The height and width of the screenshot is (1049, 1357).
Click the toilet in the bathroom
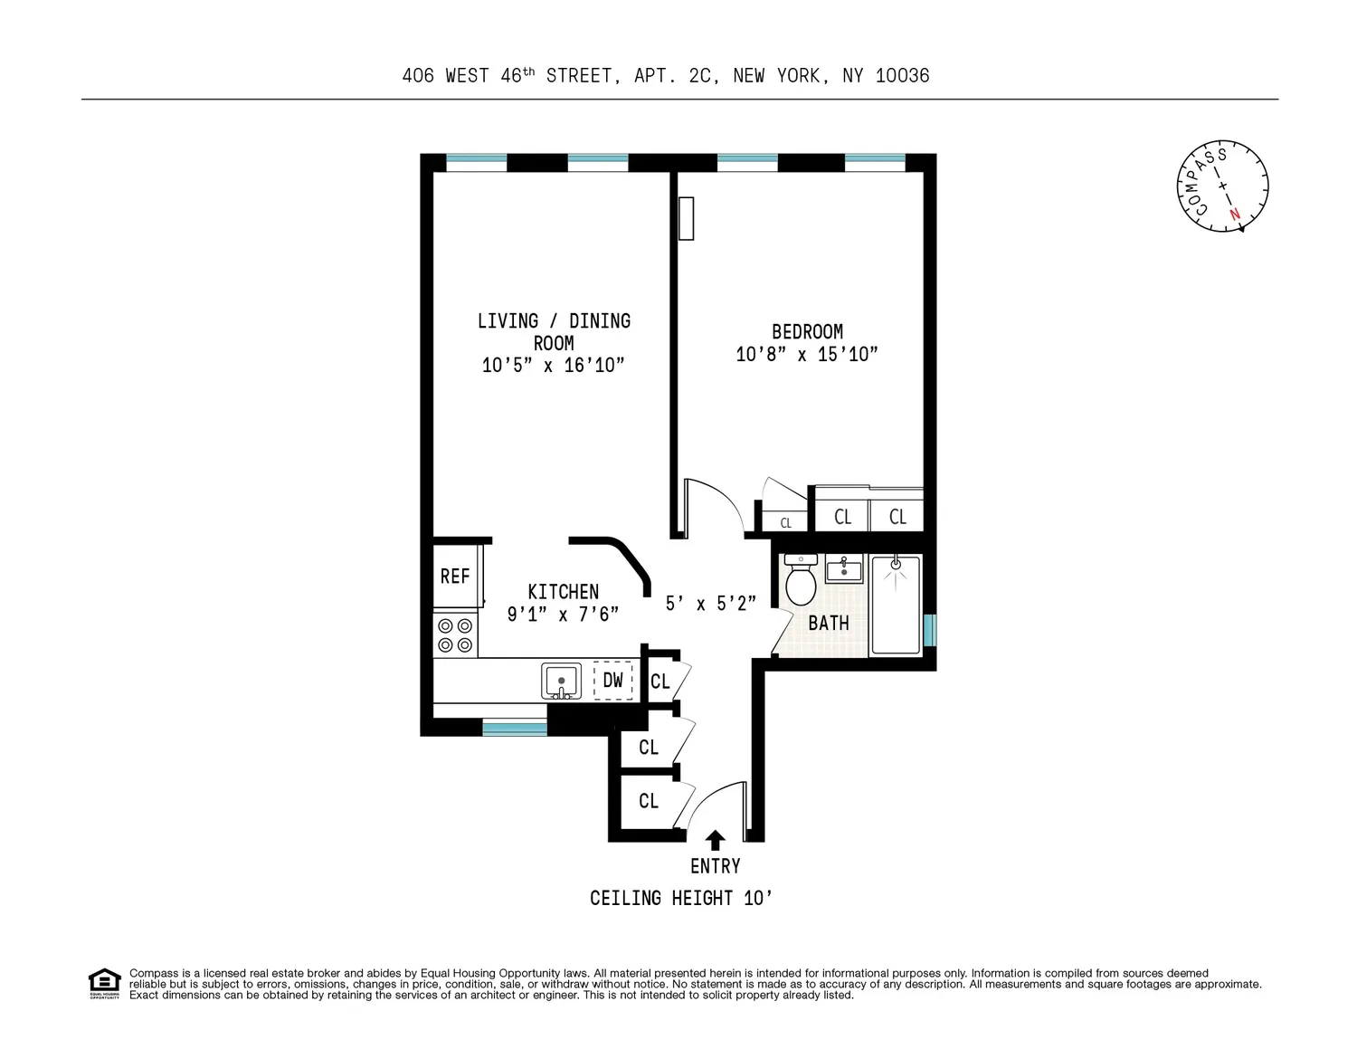pyautogui.click(x=801, y=579)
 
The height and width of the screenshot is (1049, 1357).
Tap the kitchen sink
pyautogui.click(x=562, y=681)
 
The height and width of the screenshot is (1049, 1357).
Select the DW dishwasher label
pyautogui.click(x=612, y=680)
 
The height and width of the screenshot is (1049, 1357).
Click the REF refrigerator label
pyautogui.click(x=455, y=576)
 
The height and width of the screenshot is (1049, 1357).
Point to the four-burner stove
pyautogui.click(x=455, y=634)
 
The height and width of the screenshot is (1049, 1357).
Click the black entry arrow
pyautogui.click(x=715, y=840)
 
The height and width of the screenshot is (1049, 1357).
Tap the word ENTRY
pyautogui.click(x=715, y=866)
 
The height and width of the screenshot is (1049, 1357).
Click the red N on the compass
pyautogui.click(x=1235, y=215)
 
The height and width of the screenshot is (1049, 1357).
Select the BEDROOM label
pyautogui.click(x=808, y=332)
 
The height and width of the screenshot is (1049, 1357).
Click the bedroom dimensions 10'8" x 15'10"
pyautogui.click(x=807, y=354)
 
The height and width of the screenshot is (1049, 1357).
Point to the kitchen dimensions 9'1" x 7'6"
pyautogui.click(x=563, y=615)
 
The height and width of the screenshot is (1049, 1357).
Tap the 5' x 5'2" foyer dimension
pyautogui.click(x=711, y=603)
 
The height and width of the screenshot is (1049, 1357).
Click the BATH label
pyautogui.click(x=829, y=623)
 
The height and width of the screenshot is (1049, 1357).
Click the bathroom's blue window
pyautogui.click(x=930, y=630)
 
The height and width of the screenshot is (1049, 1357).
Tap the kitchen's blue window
pyautogui.click(x=515, y=728)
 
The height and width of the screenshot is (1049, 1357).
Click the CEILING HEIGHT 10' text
pyautogui.click(x=681, y=899)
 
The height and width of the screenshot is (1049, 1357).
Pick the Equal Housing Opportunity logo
pyautogui.click(x=104, y=984)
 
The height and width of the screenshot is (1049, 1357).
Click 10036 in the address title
pyautogui.click(x=902, y=76)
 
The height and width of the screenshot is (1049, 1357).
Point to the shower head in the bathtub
pyautogui.click(x=896, y=565)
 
